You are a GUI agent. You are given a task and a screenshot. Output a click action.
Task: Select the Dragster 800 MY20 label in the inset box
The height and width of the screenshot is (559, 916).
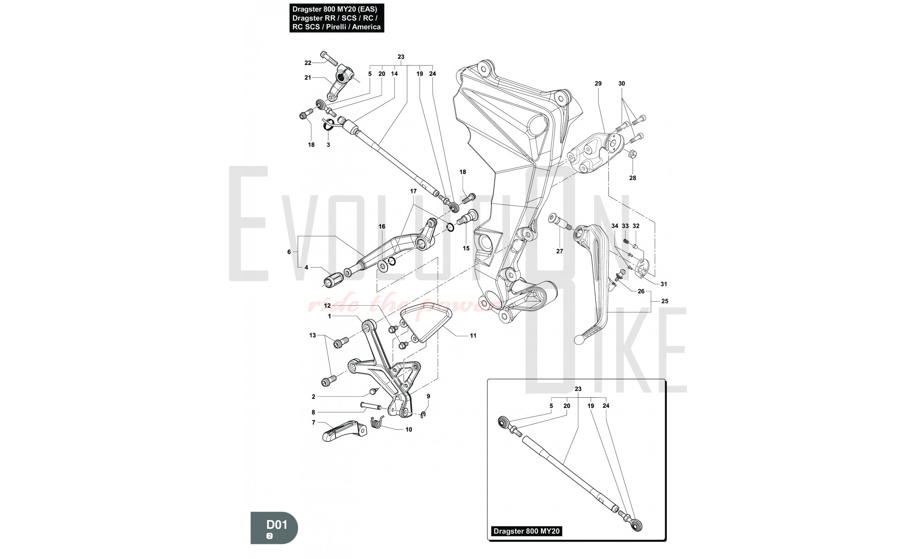[527, 532]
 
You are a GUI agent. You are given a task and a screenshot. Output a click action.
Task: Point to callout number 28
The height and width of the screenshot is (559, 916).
[632, 178]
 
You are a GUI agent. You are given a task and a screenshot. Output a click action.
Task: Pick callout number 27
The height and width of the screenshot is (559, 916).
[560, 251]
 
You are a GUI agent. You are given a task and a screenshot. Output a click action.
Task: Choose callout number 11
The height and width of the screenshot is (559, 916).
[473, 335]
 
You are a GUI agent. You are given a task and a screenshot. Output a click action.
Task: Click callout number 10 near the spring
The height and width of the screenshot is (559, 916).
[409, 429]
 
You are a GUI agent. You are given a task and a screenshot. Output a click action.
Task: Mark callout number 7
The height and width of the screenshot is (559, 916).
[314, 422]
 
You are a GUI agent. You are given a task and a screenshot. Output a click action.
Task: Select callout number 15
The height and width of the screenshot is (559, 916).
[466, 248]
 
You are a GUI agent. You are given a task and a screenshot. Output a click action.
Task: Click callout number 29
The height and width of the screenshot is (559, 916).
[598, 83]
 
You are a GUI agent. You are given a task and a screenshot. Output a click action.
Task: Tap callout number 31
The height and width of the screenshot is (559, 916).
[664, 284]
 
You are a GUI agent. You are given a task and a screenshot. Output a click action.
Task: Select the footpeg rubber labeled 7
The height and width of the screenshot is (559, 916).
[342, 431]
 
